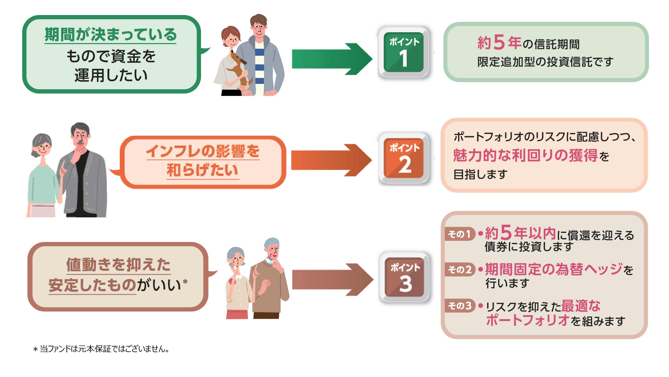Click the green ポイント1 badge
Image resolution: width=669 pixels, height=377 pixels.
[403, 52]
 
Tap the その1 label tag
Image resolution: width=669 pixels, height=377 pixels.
[459, 234]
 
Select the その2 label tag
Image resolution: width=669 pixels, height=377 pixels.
[459, 270]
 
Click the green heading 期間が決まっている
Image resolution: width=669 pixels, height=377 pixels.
[110, 35]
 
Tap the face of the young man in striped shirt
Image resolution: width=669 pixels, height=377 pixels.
[258, 29]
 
